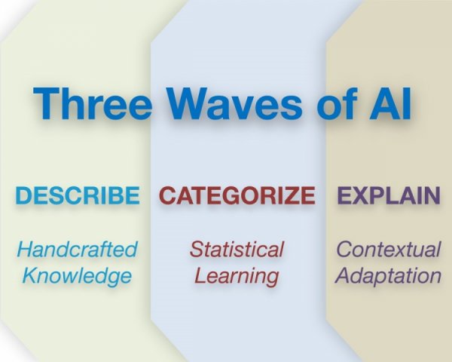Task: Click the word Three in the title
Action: click(92, 103)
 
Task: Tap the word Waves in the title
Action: click(235, 103)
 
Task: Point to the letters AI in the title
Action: click(390, 103)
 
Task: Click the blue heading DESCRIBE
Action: click(78, 195)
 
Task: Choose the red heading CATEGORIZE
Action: click(237, 195)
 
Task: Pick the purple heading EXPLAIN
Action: click(389, 195)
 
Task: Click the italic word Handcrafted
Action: click(77, 249)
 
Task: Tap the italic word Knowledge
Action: click(77, 276)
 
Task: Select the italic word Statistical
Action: click(237, 249)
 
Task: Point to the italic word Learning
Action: click(237, 276)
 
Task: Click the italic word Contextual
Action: click(389, 249)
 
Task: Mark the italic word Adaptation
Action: click(388, 276)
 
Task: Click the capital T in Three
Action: click(46, 103)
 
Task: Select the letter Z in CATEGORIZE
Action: click(289, 195)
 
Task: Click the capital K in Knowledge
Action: click(31, 275)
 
